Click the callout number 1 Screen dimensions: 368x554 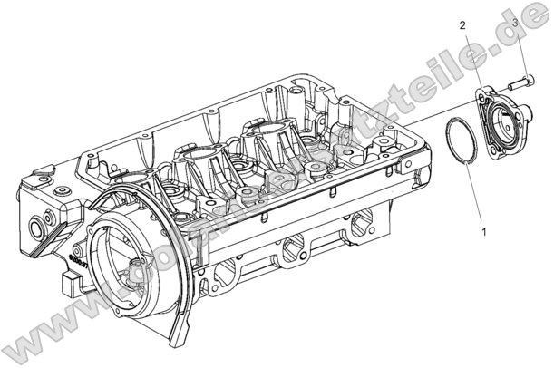tap(483, 232)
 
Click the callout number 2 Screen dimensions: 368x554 tap(462, 25)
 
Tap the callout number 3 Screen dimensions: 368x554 tap(515, 20)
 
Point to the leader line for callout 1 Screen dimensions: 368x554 tap(474, 195)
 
